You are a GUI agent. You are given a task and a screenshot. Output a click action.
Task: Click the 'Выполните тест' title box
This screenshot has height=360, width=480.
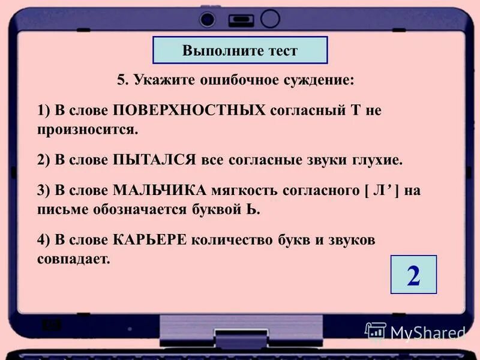[240, 50]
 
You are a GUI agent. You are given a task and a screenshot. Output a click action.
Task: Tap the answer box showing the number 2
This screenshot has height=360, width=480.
[413, 275]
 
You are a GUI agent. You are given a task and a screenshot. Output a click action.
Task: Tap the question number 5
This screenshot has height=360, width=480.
[122, 80]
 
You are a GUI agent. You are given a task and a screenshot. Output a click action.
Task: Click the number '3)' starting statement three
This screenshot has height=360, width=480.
[43, 192]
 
